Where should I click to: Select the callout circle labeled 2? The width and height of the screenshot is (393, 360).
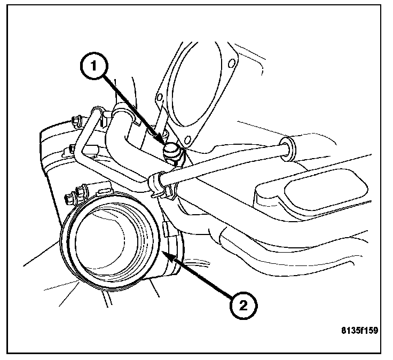click(243, 306)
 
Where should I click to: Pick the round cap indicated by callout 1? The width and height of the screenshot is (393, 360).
click(172, 151)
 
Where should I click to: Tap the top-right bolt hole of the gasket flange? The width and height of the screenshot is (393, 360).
click(231, 65)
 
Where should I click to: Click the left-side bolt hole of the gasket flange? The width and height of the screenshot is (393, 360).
click(159, 98)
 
